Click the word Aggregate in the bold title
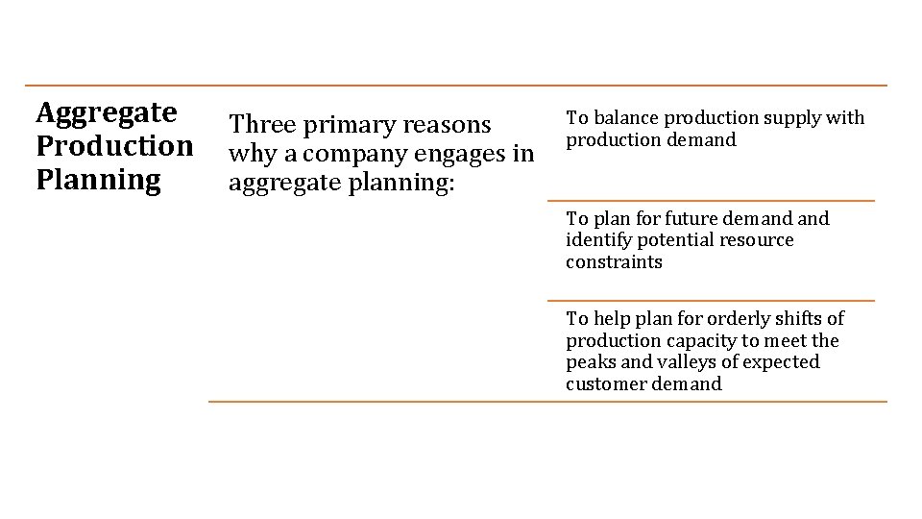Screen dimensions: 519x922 coord(107,113)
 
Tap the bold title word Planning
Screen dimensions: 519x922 coord(98,180)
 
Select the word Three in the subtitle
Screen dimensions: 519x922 coord(262,125)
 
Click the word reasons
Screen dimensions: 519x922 coord(448,125)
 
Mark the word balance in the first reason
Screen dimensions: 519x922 coord(625,118)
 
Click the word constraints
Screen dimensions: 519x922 coord(614,262)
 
